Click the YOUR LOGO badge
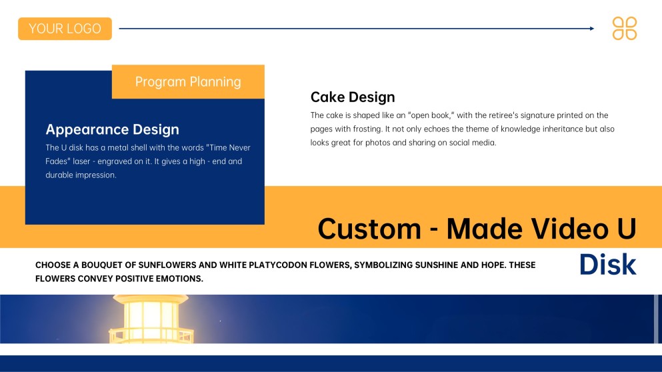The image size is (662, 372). pos(65,29)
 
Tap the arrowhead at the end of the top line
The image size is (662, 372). pos(591,29)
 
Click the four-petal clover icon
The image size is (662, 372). pos(625,29)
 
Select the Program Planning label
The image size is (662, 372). pos(188,82)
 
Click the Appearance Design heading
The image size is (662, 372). pos(112,129)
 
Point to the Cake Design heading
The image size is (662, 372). pos(353,97)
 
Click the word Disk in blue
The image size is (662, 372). pos(607,265)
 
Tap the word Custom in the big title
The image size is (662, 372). pos(369,229)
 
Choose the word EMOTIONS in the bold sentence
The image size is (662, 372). pos(177,279)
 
